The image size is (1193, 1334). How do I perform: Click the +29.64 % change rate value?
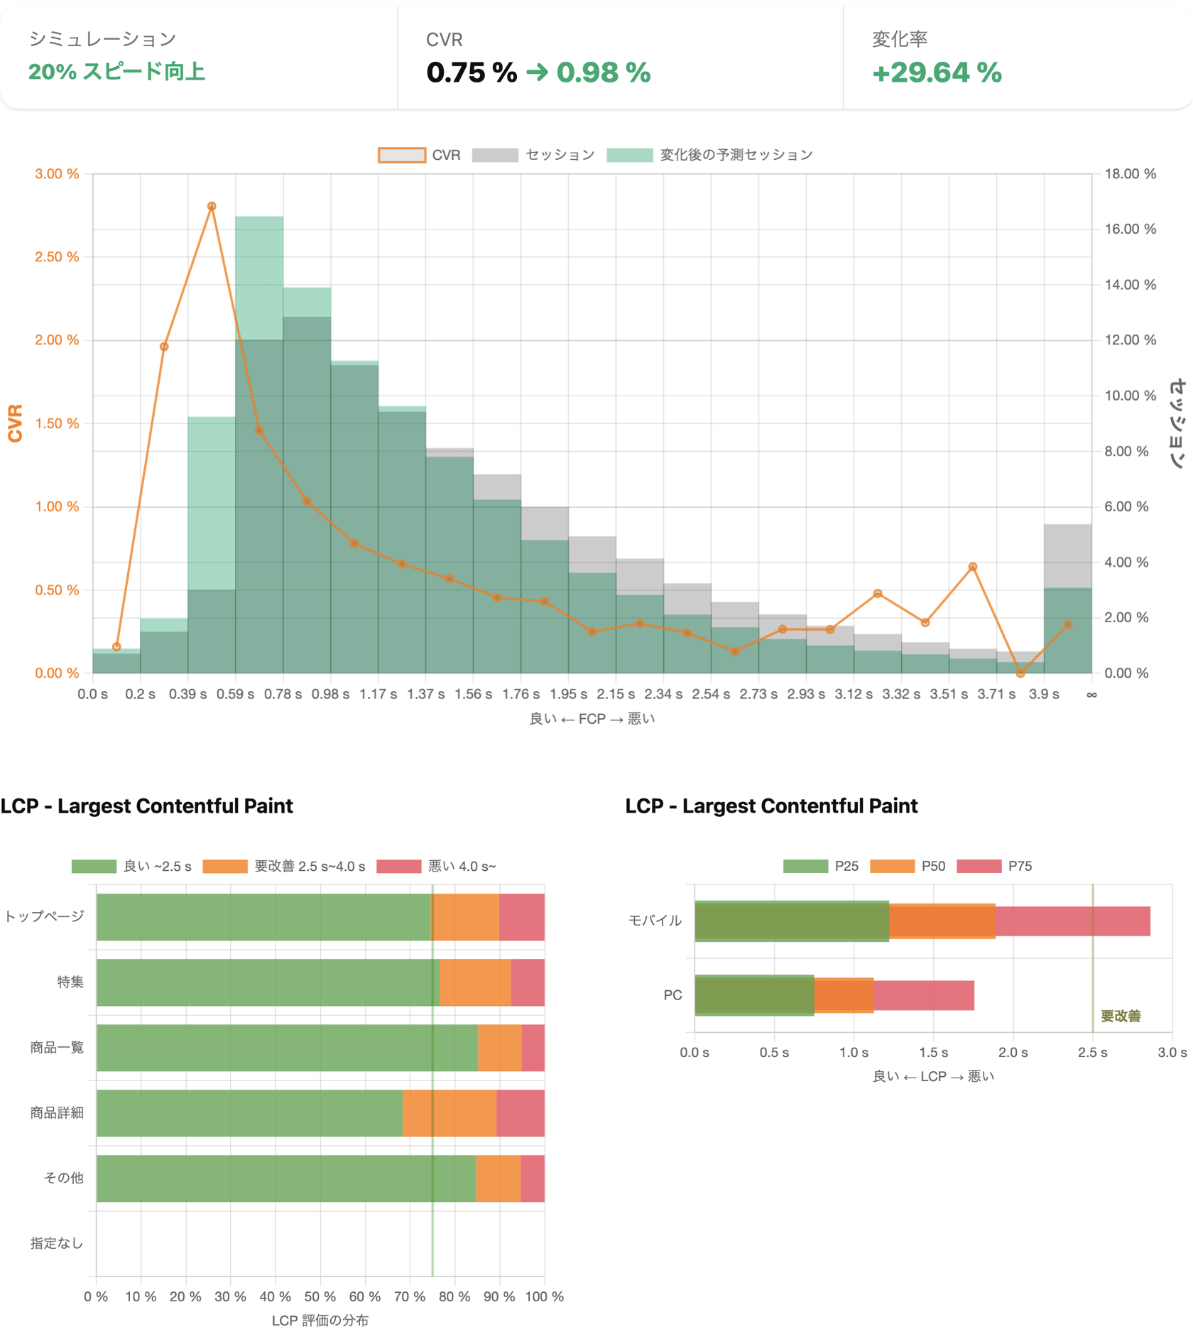[936, 72]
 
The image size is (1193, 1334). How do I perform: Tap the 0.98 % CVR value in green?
[603, 72]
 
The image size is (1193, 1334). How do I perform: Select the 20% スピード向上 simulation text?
[116, 72]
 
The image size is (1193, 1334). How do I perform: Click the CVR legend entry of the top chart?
[420, 155]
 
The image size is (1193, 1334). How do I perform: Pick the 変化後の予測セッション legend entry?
[710, 155]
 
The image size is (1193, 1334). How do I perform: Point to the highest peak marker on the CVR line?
[212, 206]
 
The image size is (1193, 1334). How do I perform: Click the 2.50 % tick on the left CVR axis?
[57, 257]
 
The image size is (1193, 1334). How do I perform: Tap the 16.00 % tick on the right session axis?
[1130, 229]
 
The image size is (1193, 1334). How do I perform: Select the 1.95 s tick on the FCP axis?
[568, 694]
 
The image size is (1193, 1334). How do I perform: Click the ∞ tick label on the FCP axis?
[1091, 694]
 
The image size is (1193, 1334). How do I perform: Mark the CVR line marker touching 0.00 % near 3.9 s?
[1020, 673]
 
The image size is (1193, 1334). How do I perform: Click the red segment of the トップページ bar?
[522, 917]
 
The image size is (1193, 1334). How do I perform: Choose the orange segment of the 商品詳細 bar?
[450, 1113]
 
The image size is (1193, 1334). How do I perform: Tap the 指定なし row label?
[57, 1243]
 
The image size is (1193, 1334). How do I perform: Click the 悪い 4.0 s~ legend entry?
[437, 866]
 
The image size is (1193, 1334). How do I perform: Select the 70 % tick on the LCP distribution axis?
[410, 1296]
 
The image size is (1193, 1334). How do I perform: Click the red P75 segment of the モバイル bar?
[1072, 921]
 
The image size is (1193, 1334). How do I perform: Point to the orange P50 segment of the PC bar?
[844, 995]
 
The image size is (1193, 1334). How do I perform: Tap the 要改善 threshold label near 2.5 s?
[1121, 1016]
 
